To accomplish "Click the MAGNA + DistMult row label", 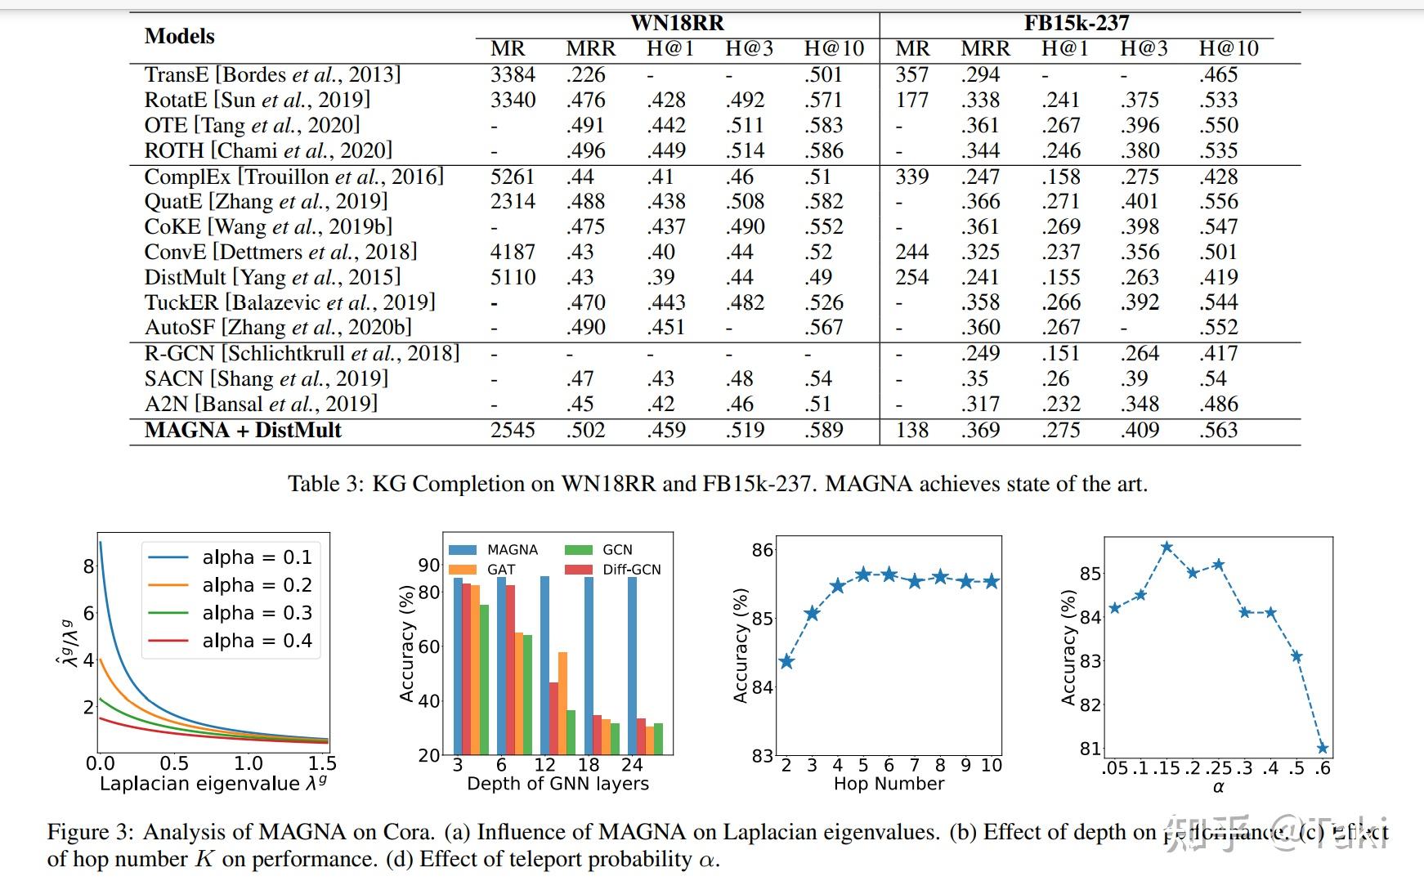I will [243, 430].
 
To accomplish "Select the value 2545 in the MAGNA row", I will [513, 430].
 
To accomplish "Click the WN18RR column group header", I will [677, 23].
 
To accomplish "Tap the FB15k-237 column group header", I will [1076, 23].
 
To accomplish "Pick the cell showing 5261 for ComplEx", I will [513, 177].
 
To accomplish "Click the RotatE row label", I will [257, 100].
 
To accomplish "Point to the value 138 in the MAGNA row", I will [911, 430].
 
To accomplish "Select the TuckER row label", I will [289, 302].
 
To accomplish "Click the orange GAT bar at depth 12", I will [562, 702].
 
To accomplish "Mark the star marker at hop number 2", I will [786, 661].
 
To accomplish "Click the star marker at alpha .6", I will [1322, 748].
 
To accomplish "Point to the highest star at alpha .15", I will [1167, 547].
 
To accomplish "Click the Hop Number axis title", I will [889, 784].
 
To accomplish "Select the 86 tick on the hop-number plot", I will [762, 550].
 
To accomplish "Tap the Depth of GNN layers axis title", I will [558, 784].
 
